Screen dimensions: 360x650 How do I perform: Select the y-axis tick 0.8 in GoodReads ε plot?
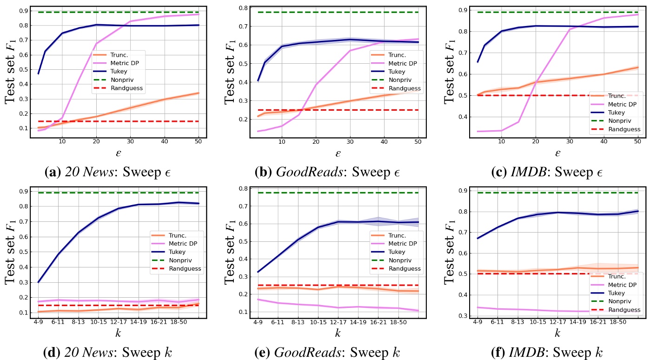tap(243, 8)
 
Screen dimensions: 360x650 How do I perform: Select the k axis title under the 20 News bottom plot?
tap(118, 333)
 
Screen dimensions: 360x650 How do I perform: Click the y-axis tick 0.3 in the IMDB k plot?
tap(462, 316)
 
